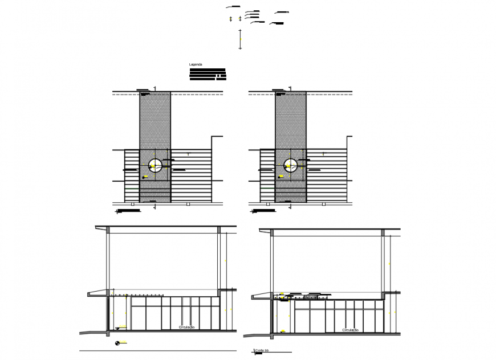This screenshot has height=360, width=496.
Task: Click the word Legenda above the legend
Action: [x=196, y=64]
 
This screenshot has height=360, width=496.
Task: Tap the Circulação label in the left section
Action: [x=187, y=328]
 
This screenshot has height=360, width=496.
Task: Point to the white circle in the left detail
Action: [x=155, y=166]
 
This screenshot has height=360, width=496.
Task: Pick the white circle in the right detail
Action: [x=290, y=166]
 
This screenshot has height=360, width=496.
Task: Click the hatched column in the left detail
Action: [x=155, y=120]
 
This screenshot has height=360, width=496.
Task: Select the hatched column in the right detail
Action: [x=291, y=120]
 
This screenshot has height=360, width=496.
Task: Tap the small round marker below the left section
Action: [x=117, y=342]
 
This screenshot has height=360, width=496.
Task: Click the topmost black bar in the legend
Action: [x=208, y=70]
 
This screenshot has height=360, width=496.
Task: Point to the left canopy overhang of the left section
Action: [x=97, y=294]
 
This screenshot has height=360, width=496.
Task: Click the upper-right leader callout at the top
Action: [x=282, y=12]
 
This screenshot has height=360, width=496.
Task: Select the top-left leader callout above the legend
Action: [x=232, y=6]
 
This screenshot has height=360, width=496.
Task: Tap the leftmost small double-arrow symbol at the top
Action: [x=231, y=19]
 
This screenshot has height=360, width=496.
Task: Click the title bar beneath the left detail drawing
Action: [x=128, y=211]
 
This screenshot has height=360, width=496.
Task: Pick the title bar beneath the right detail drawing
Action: [x=263, y=211]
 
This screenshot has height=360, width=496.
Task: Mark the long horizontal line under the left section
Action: [x=156, y=350]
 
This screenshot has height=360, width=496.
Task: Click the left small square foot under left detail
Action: [x=132, y=203]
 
